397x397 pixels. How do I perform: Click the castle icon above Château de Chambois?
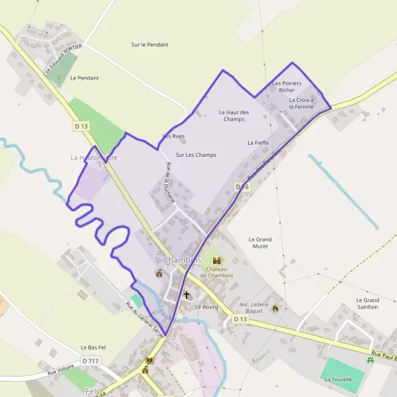click(x=216, y=261)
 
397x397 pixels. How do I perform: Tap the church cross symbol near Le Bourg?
click(x=187, y=295)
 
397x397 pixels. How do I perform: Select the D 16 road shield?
click(x=242, y=187)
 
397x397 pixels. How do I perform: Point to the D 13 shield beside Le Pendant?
click(x=81, y=126)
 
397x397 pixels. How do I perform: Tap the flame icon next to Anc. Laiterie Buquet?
click(x=276, y=308)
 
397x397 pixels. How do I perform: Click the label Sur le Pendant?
click(x=150, y=45)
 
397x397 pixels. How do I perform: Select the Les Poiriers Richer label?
click(x=287, y=87)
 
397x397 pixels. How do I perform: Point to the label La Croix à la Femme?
click(x=301, y=103)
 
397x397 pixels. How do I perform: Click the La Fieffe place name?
click(x=257, y=142)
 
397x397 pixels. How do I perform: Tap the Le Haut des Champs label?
click(x=234, y=116)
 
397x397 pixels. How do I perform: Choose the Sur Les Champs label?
click(x=196, y=155)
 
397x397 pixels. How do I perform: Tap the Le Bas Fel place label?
click(x=93, y=347)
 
